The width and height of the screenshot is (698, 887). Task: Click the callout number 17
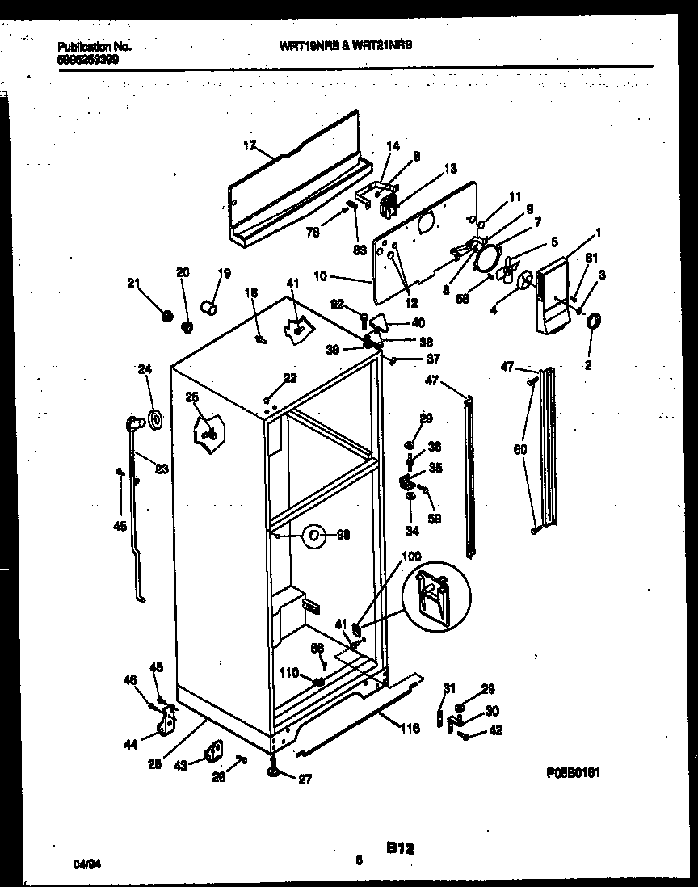pos(249,145)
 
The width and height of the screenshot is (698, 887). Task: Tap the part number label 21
pos(133,282)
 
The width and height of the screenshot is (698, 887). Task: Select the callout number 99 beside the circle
pos(343,534)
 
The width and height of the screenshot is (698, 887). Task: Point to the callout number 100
pos(410,557)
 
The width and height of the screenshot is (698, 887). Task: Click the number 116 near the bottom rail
pos(410,729)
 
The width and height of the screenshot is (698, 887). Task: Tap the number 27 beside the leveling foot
pos(304,780)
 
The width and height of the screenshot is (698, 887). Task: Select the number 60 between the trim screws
pos(519,448)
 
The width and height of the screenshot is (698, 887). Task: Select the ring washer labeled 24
pos(153,420)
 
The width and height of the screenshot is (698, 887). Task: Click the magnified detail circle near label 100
pos(437,595)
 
